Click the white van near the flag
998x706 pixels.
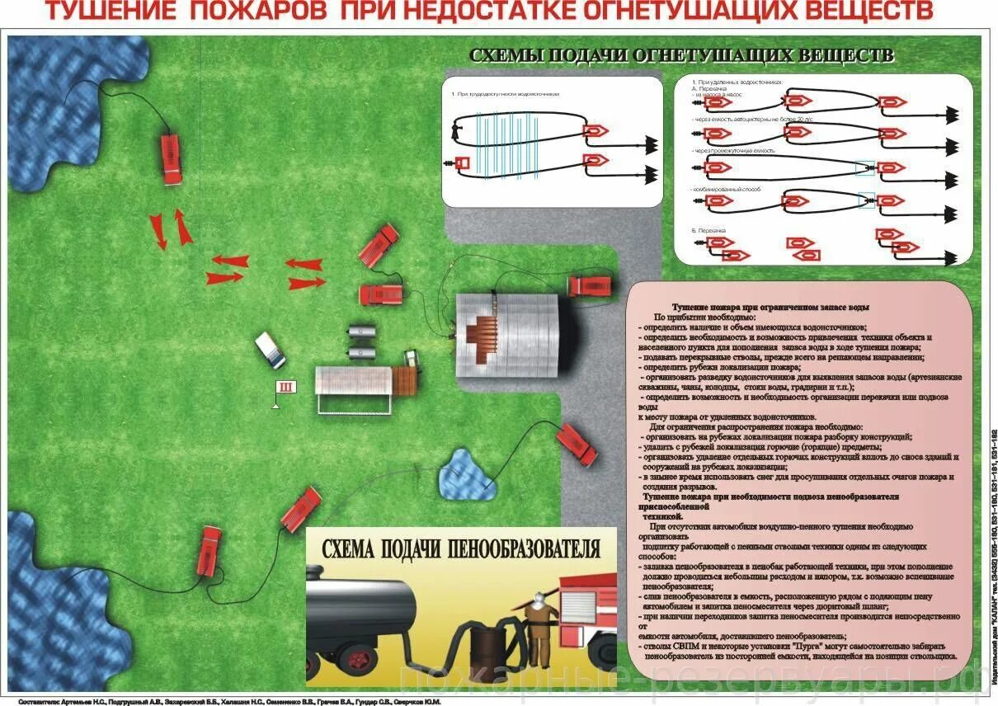point(271,350)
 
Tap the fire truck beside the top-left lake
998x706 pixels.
point(170,158)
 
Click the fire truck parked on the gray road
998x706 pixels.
point(592,286)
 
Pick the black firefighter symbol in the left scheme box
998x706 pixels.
point(454,130)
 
